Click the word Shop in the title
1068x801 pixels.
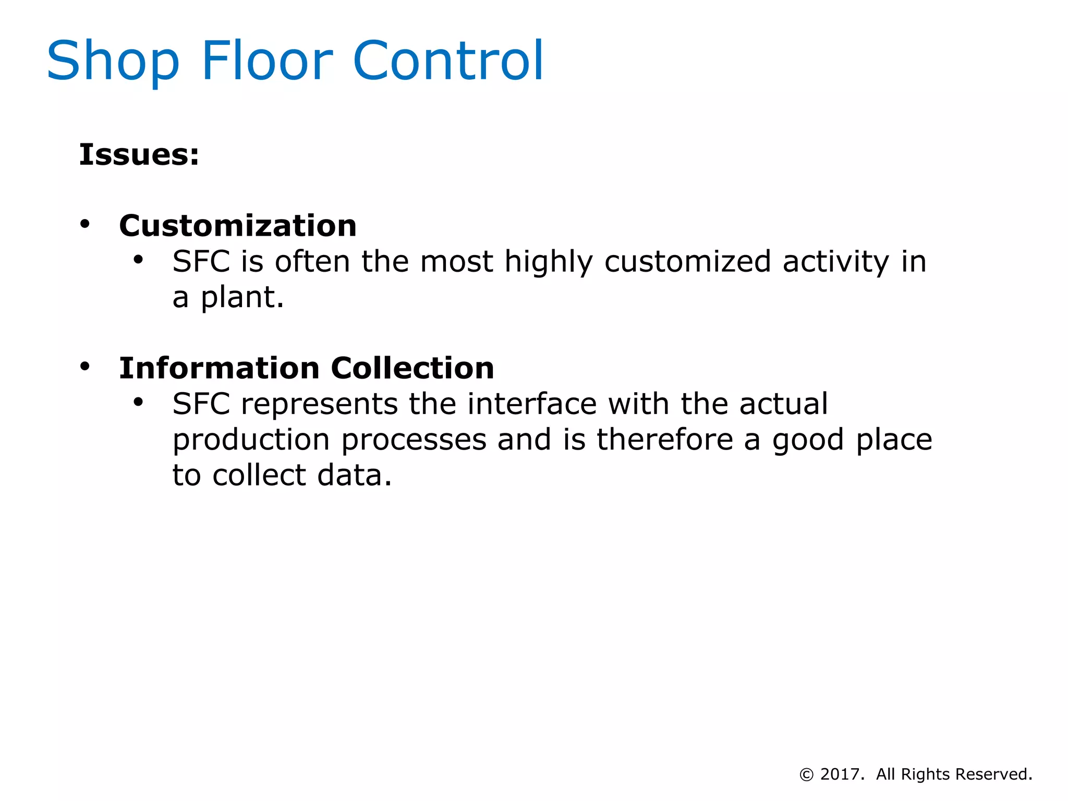[113, 62]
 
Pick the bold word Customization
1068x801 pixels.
[238, 226]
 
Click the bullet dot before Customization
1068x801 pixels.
[85, 224]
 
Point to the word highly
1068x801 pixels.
[549, 262]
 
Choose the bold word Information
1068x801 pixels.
[219, 368]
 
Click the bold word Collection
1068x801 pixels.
[412, 368]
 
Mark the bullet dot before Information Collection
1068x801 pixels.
[85, 367]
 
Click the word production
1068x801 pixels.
[251, 441]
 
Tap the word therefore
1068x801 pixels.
[665, 440]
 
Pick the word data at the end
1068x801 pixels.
[354, 476]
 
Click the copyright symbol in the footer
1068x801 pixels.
[806, 775]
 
